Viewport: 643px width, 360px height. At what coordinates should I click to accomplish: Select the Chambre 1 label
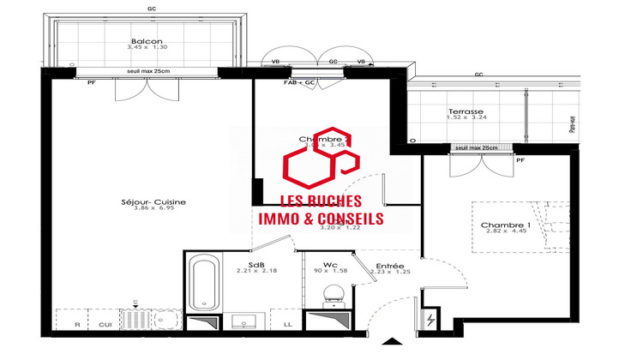point(505,225)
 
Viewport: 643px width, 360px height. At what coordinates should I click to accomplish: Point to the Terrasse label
point(466,112)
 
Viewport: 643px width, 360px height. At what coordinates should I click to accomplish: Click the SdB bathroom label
point(256,264)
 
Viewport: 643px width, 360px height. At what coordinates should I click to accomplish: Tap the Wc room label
point(328,264)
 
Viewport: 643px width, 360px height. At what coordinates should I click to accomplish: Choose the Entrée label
point(390,267)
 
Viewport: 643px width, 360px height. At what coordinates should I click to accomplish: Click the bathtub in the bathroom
point(203,281)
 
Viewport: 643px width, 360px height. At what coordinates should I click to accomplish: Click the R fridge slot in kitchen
point(77,325)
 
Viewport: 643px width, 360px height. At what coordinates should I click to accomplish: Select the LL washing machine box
point(286,325)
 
